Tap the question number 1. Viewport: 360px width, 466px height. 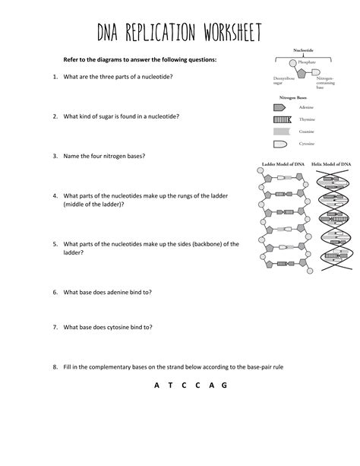coord(55,77)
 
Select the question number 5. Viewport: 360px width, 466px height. coord(55,244)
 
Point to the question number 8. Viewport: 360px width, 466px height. coord(55,366)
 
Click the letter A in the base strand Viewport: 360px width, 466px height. coord(156,385)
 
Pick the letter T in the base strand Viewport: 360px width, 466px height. coord(171,385)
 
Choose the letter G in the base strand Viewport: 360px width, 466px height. coord(224,385)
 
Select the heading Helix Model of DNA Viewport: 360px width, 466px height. coord(331,163)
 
